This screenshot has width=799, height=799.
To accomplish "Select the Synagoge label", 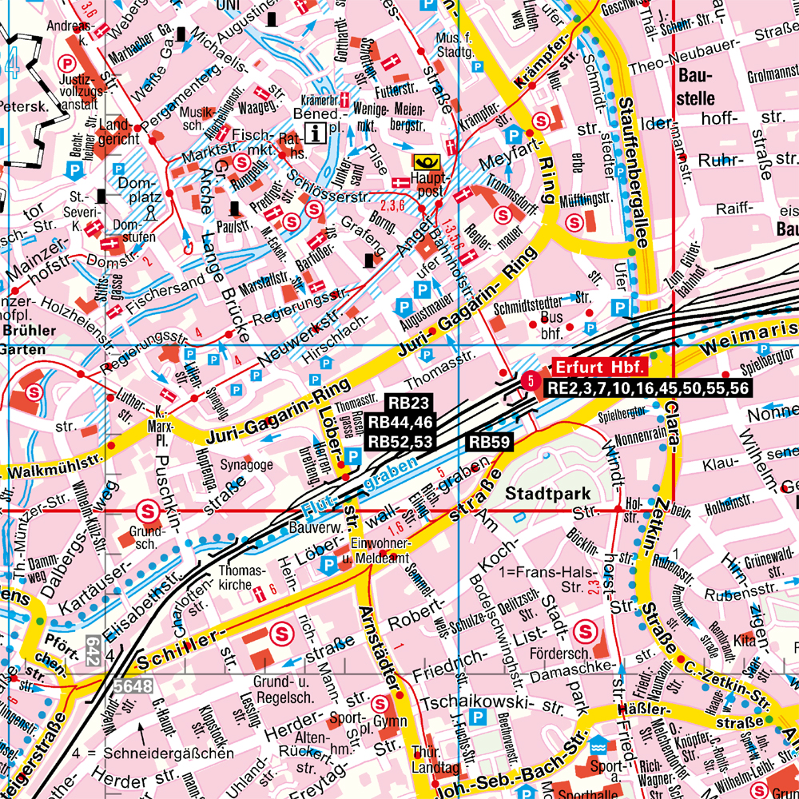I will (247, 464).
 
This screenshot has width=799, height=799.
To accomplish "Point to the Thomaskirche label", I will (240, 578).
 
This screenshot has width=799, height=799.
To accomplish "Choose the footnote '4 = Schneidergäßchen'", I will (152, 753).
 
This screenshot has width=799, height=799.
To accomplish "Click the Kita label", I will (744, 641).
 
